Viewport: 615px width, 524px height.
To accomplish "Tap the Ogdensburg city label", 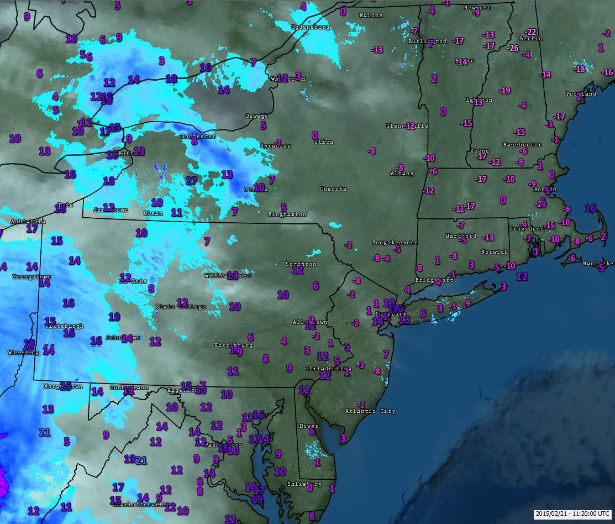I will (x=310, y=27).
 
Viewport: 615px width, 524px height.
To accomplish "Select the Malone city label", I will (x=370, y=15).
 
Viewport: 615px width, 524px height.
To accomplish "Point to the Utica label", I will (x=323, y=142).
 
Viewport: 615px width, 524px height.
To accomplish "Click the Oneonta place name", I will (x=333, y=189).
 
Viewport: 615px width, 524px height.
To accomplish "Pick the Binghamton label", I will (x=287, y=214).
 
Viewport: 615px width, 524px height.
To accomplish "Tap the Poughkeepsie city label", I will (x=395, y=243).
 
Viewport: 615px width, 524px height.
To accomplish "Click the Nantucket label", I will (x=598, y=264).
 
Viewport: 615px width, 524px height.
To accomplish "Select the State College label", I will (x=181, y=307).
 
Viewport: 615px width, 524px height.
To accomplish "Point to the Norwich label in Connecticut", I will (x=494, y=252).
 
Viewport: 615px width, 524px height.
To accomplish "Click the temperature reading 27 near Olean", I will (x=192, y=180).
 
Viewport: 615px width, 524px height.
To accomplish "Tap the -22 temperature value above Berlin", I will (x=530, y=32).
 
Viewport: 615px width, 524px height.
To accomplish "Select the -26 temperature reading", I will (x=513, y=48).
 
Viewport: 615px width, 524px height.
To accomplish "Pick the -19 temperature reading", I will (x=504, y=91).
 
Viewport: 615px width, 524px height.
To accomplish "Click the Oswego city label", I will (x=256, y=116).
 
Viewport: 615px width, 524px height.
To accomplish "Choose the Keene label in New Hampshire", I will (x=479, y=151).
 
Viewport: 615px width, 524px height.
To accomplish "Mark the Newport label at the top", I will (x=477, y=8).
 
